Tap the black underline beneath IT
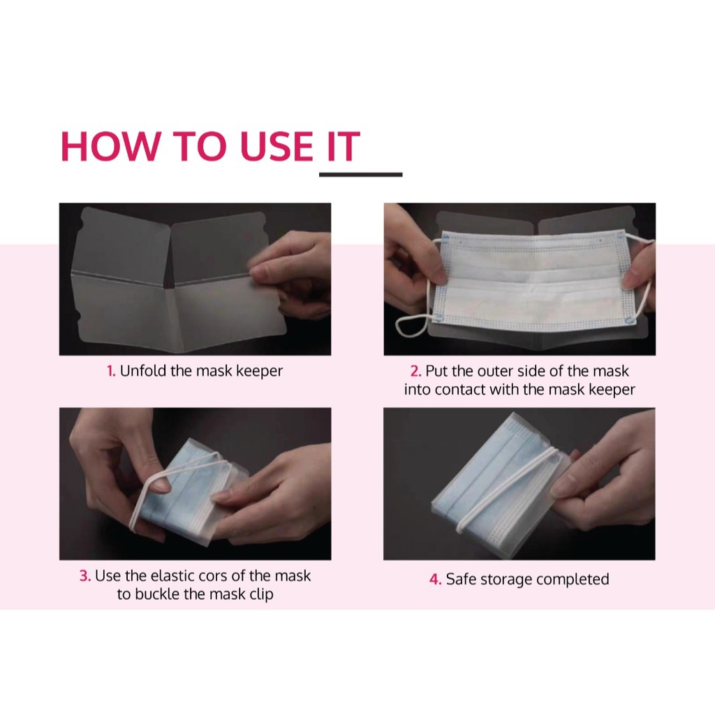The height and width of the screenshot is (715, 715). tap(361, 174)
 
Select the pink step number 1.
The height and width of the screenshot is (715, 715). tap(111, 371)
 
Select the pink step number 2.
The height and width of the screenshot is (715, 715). tap(415, 371)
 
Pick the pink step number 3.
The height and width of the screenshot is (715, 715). tap(85, 576)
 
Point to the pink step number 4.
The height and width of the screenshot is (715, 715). tap(436, 580)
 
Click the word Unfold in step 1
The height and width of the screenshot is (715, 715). tap(142, 371)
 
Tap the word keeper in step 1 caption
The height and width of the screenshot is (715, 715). tap(260, 372)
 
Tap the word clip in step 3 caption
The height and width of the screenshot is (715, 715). tap(261, 595)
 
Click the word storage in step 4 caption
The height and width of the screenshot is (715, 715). tap(507, 580)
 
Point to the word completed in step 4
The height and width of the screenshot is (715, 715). tap(573, 580)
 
